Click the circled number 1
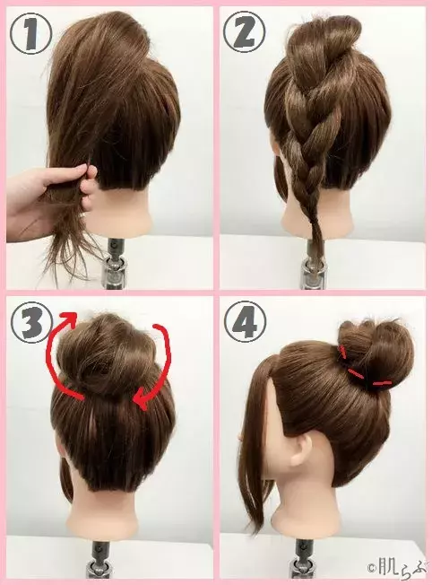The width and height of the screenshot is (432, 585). coord(30,34)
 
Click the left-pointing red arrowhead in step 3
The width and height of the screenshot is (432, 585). coord(141,398)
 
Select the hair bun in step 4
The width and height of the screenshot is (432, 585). coord(376,354)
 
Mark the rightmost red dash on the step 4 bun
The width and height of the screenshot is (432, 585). coord(382,383)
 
